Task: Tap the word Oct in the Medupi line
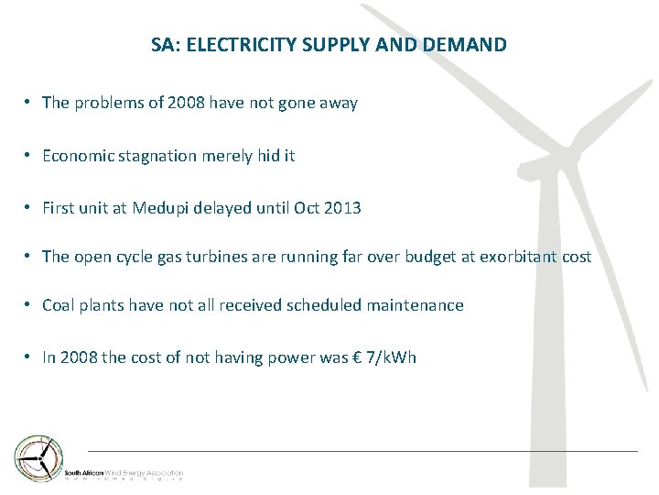(306, 208)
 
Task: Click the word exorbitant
(514, 257)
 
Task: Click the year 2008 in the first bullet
(187, 104)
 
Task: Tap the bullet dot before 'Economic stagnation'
(30, 156)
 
